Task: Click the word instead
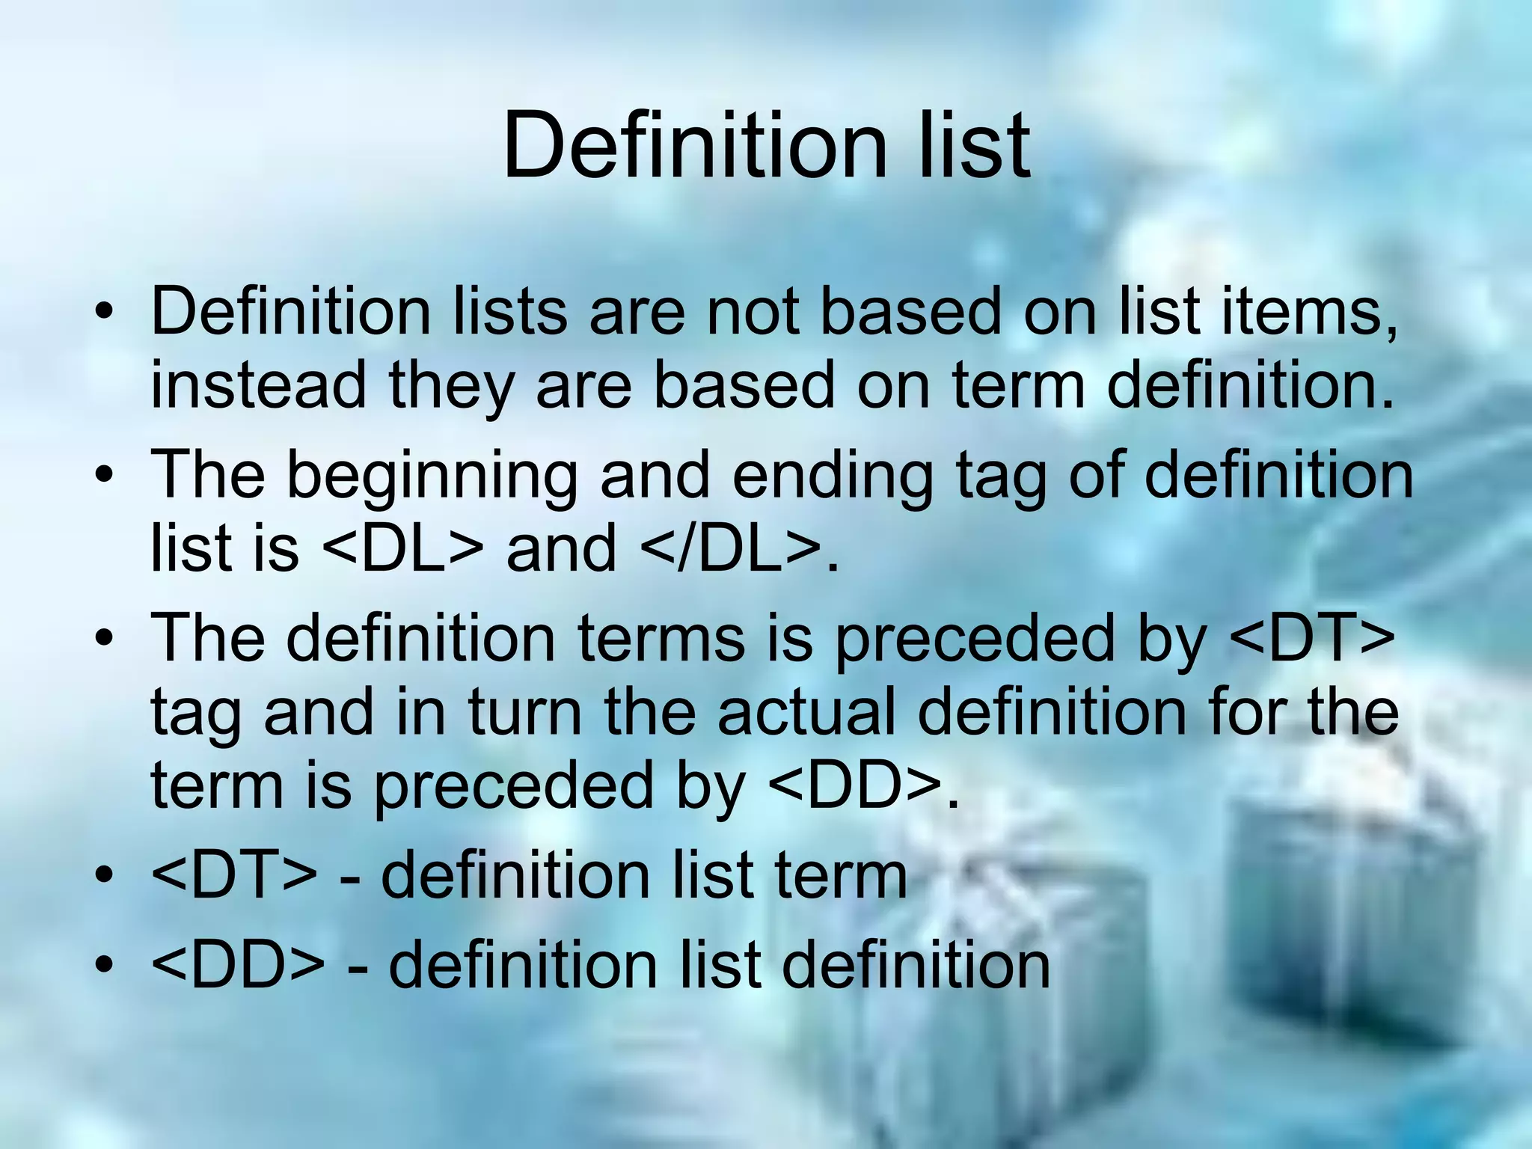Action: click(x=259, y=384)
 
